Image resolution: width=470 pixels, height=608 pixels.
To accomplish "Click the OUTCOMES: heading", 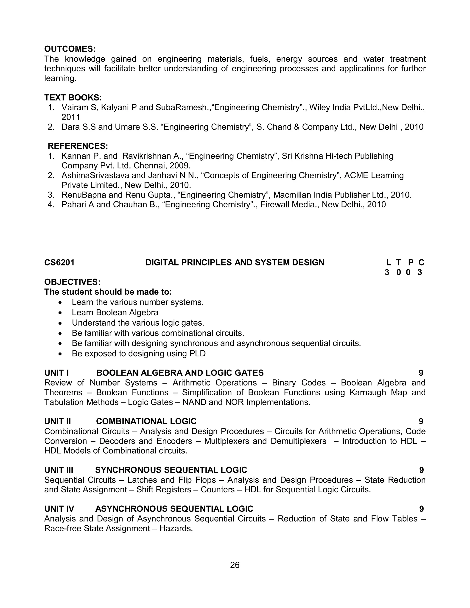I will pos(70,49).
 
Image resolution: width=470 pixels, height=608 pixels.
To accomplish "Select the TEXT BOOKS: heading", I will pos(73,98).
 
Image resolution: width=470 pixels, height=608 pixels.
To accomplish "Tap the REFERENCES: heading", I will pos(78,146).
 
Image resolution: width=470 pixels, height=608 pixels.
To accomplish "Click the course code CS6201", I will pos(59,262).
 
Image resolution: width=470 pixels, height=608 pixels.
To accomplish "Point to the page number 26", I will pos(235,565).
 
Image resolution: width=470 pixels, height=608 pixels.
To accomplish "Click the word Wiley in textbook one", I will pos(319,107).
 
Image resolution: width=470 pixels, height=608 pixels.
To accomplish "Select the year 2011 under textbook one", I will pos(71,117).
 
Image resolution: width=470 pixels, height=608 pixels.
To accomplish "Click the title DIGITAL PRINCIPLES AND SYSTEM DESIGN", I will pos(235,262).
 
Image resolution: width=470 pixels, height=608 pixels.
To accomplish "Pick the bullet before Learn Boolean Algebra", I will pos(61,313).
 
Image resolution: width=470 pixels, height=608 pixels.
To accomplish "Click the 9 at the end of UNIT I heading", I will pos(421,373).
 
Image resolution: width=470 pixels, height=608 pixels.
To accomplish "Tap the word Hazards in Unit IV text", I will pos(176,528).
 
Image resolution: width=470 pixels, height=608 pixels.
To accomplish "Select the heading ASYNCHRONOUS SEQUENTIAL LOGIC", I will pos(174,509).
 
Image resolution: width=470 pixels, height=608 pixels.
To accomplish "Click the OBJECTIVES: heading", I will pos(72,282).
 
